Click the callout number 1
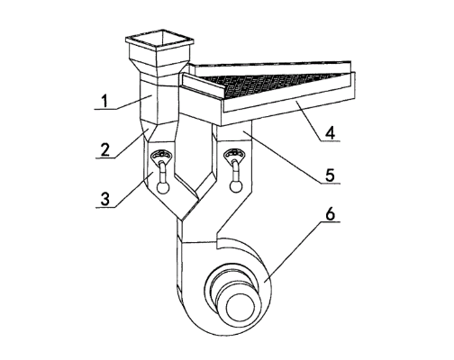(104, 102)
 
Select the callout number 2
(105, 150)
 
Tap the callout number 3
(105, 199)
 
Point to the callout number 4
(331, 133)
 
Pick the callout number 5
(331, 175)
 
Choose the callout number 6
(331, 214)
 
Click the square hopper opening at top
(159, 40)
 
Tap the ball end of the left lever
(163, 188)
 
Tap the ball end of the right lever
(235, 186)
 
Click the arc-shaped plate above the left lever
(162, 156)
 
